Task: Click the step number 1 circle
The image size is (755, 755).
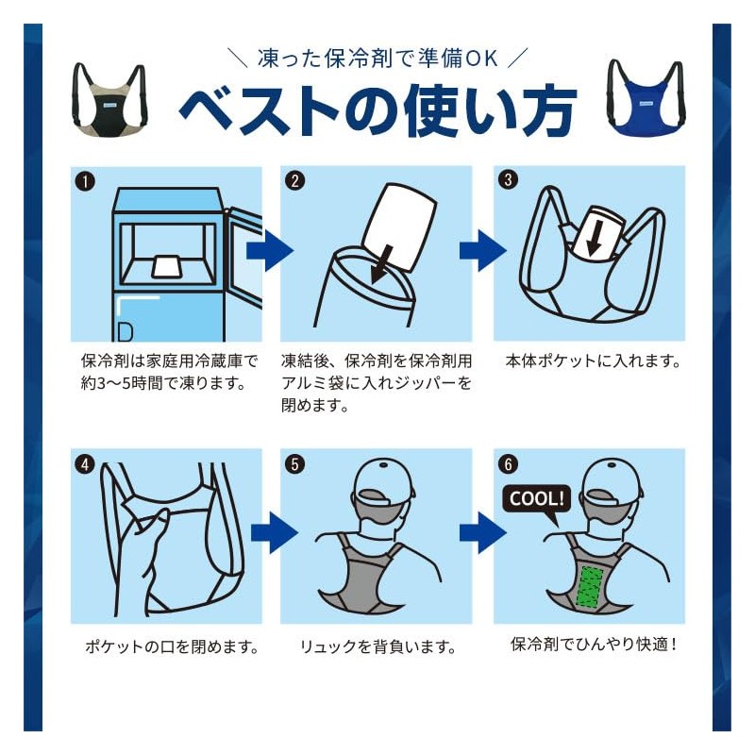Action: point(85,180)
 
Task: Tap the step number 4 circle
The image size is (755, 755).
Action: point(85,463)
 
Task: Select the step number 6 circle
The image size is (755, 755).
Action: point(509,463)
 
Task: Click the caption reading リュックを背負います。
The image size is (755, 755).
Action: point(378,647)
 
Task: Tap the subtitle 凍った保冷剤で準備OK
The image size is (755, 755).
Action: point(377,58)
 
